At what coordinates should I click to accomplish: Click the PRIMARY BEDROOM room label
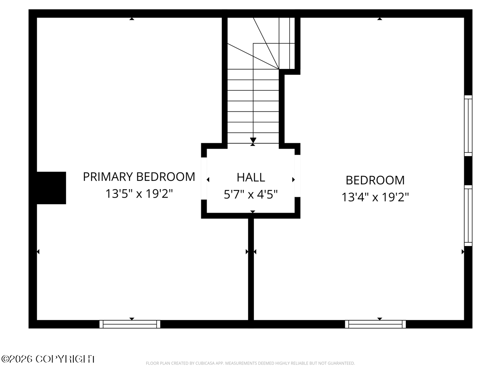pyautogui.click(x=139, y=177)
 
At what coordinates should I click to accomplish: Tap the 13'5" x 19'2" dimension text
pyautogui.click(x=139, y=194)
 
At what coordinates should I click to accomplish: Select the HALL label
pyautogui.click(x=250, y=178)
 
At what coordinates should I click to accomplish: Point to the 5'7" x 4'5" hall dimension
pyautogui.click(x=250, y=195)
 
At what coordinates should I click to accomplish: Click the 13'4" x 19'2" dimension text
pyautogui.click(x=375, y=197)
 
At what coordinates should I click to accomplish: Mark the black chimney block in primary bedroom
pyautogui.click(x=51, y=188)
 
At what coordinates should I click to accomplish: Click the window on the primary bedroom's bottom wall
pyautogui.click(x=130, y=324)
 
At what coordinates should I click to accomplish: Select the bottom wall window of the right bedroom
pyautogui.click(x=375, y=324)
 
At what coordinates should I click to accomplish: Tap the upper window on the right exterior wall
pyautogui.click(x=468, y=126)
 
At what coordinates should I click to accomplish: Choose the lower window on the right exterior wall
pyautogui.click(x=468, y=216)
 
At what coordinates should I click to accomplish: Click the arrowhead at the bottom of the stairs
pyautogui.click(x=253, y=140)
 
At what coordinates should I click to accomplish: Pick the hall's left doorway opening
pyautogui.click(x=204, y=178)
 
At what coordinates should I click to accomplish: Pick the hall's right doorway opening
pyautogui.click(x=297, y=176)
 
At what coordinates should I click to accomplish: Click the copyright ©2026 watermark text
pyautogui.click(x=48, y=359)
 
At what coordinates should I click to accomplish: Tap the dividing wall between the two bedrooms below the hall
pyautogui.click(x=251, y=269)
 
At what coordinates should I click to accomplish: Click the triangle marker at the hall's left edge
pyautogui.click(x=208, y=180)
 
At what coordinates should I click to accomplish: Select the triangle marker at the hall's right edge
pyautogui.click(x=294, y=180)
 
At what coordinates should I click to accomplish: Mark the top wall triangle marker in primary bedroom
pyautogui.click(x=132, y=19)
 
